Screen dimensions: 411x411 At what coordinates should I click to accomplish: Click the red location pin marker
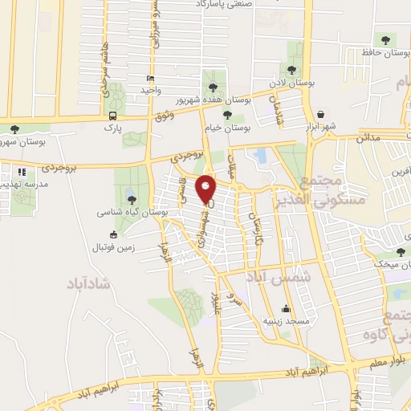tap(207, 189)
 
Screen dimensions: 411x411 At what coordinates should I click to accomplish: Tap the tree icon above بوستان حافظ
tap(386, 38)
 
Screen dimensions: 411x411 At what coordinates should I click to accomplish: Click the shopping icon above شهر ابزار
tap(321, 114)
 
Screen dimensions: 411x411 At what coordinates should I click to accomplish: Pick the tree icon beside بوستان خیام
tap(227, 115)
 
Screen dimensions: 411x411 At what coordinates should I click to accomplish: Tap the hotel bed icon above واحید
tap(150, 78)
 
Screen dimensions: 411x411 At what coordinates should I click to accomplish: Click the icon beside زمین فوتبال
tap(113, 234)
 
